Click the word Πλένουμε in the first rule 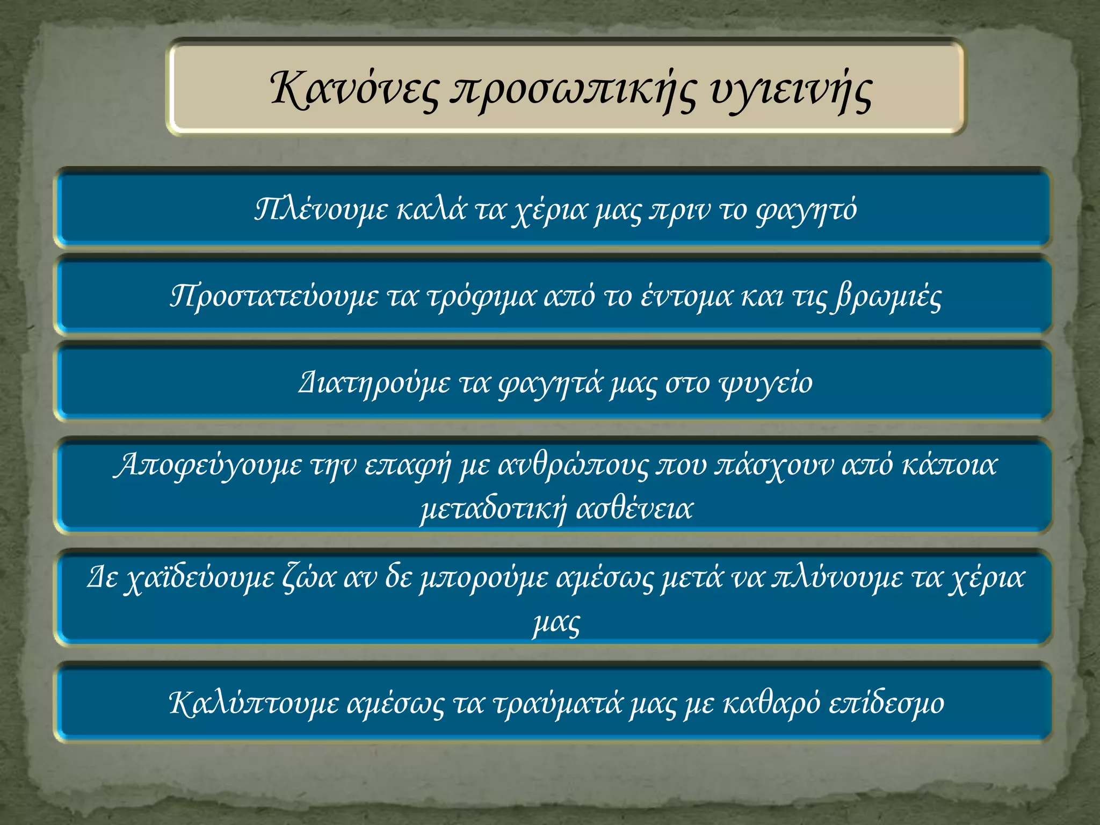click(x=321, y=209)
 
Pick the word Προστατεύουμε click(x=274, y=296)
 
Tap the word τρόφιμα click(x=481, y=296)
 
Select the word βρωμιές click(x=887, y=296)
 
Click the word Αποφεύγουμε click(x=209, y=465)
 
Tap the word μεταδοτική click(x=493, y=509)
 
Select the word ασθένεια click(x=634, y=508)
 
